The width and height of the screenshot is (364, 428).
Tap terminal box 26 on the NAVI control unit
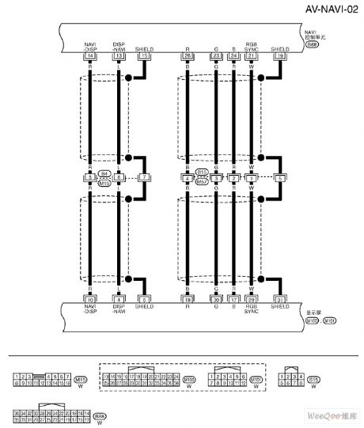tap(187, 57)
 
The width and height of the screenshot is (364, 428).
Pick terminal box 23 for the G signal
tap(215, 57)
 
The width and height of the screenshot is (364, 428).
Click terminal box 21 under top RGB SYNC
tap(251, 57)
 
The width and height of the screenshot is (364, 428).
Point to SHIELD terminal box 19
tap(280, 57)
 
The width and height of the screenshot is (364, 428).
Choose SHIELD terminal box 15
tap(145, 57)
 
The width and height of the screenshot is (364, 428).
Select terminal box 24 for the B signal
tap(233, 57)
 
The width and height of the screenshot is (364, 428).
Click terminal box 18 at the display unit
tap(187, 300)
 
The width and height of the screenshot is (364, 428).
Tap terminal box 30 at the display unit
tap(215, 300)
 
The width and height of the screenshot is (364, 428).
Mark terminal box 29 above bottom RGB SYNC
tap(251, 300)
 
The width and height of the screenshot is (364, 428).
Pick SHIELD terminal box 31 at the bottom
tap(280, 300)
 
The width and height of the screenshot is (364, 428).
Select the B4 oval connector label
tap(104, 172)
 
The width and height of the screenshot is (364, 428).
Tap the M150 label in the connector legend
tap(190, 380)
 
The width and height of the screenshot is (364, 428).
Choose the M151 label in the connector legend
tap(256, 380)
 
